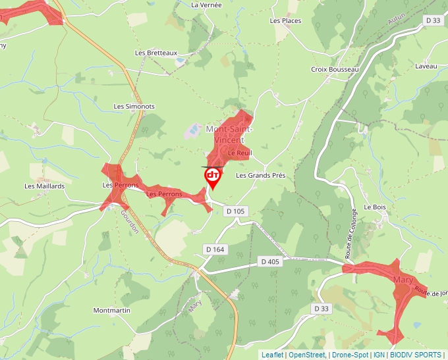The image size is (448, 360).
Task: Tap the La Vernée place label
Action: pos(206,5)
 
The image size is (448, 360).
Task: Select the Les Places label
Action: pos(285,21)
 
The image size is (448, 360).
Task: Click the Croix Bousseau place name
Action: pos(335,69)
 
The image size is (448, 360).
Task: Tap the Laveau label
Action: pos(426,66)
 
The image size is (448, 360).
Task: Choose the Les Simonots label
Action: pos(134,106)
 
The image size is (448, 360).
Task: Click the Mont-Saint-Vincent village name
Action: pos(229,134)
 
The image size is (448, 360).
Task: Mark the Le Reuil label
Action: pos(240,153)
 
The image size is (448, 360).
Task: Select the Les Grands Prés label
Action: pos(261,176)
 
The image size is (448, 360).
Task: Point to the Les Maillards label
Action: pos(45,186)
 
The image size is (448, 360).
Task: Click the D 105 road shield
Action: pos(235,211)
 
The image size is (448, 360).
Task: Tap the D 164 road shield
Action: pos(215,249)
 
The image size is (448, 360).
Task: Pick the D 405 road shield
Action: pos(270,261)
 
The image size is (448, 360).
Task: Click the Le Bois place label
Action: pos(374,207)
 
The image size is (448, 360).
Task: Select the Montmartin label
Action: pos(111,310)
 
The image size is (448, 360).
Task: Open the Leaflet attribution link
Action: pos(272,355)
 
